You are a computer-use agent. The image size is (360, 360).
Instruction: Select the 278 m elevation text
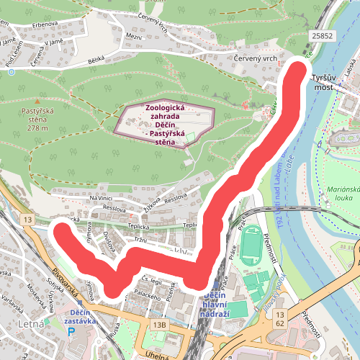click(37, 128)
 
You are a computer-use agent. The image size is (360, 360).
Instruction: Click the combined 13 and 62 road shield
click(281, 319)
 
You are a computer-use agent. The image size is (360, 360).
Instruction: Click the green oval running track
click(252, 246)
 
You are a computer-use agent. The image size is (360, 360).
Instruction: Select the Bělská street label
click(96, 63)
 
